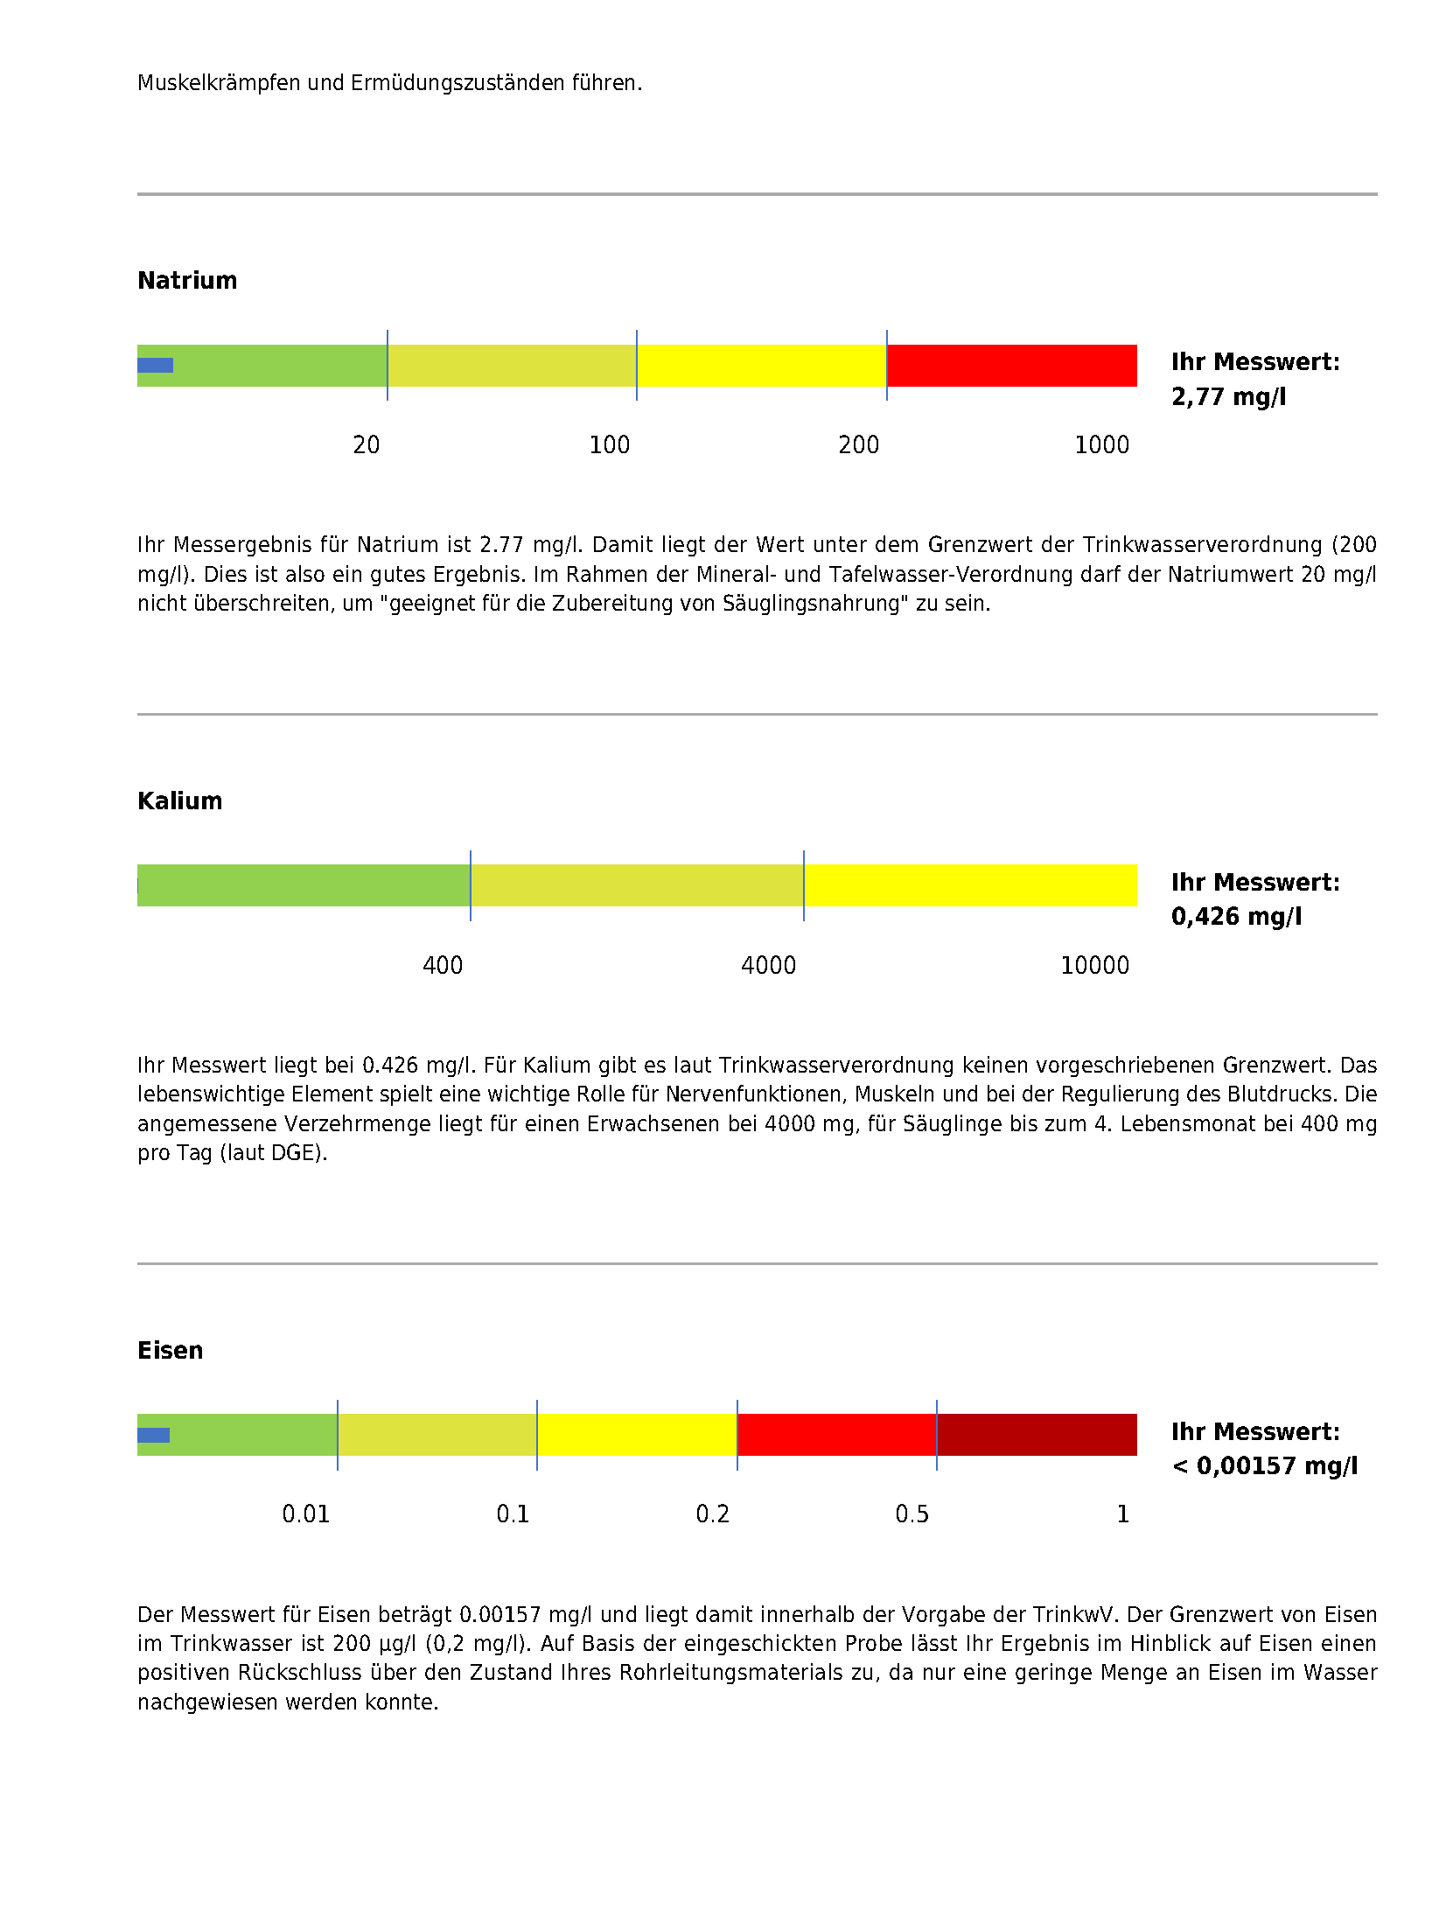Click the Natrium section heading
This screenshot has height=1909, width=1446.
tap(187, 280)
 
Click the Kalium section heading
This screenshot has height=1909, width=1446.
tap(179, 801)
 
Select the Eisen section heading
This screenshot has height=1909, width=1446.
tap(170, 1350)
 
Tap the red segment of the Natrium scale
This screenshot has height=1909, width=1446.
tap(1011, 366)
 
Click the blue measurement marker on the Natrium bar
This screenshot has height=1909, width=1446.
tap(155, 366)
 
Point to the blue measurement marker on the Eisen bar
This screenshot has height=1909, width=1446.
tap(153, 1435)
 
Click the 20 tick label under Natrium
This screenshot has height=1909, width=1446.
tap(366, 445)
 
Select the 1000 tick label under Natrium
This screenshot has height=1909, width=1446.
tap(1101, 445)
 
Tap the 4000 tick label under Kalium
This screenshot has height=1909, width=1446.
tap(768, 966)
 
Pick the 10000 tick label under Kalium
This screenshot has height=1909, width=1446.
tap(1094, 966)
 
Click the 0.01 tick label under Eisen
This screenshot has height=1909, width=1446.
tap(305, 1514)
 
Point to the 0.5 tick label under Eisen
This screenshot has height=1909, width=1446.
tap(912, 1514)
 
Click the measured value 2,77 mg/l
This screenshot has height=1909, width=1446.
tap(1228, 397)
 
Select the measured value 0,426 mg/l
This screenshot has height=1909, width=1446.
tap(1236, 917)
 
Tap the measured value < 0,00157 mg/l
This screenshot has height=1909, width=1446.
tap(1264, 1466)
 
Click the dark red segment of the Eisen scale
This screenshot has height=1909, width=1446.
tap(1037, 1435)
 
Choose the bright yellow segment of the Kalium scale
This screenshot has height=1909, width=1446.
tap(969, 885)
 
